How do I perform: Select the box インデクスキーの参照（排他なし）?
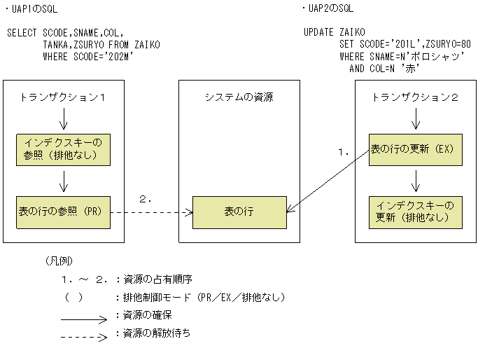pyautogui.click(x=63, y=148)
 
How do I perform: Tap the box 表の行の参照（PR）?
pyautogui.click(x=63, y=212)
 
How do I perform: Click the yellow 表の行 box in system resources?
pyautogui.click(x=240, y=212)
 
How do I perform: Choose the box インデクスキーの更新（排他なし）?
pyautogui.click(x=416, y=212)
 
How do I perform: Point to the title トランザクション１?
pyautogui.click(x=63, y=97)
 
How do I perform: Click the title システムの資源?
pyautogui.click(x=239, y=97)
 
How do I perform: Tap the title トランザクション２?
pyautogui.click(x=416, y=97)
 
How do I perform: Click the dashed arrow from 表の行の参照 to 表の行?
pyautogui.click(x=150, y=212)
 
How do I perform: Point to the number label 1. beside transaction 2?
pyautogui.click(x=343, y=151)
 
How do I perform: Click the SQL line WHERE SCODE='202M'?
pyautogui.click(x=88, y=56)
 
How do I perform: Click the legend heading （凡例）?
pyautogui.click(x=58, y=261)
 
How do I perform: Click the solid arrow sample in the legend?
pyautogui.click(x=87, y=316)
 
